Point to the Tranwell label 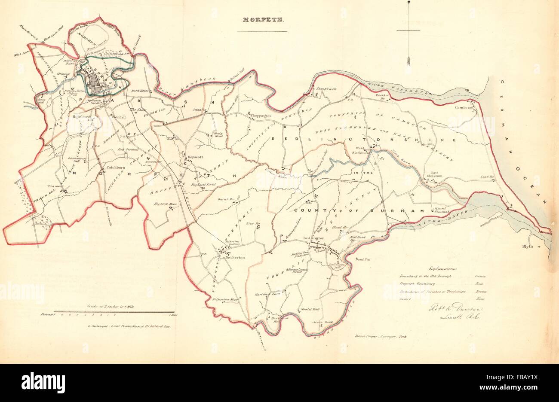(55, 186)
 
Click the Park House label (140, 91)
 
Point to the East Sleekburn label (435, 175)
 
